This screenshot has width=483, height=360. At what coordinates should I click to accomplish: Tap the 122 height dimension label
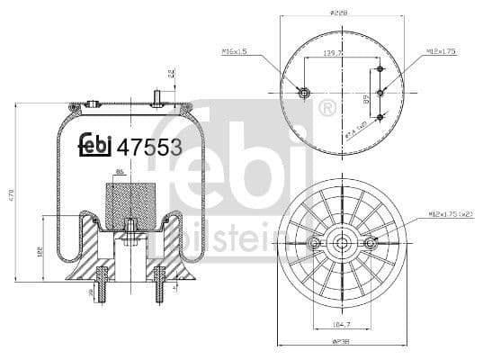click(38, 253)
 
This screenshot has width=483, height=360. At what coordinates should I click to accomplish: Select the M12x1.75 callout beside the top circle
click(441, 51)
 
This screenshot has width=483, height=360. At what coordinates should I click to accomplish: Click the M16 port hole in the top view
click(304, 92)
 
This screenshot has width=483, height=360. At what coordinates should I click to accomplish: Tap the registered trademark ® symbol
click(327, 109)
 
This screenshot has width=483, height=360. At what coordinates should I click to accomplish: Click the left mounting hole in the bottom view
click(315, 245)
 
